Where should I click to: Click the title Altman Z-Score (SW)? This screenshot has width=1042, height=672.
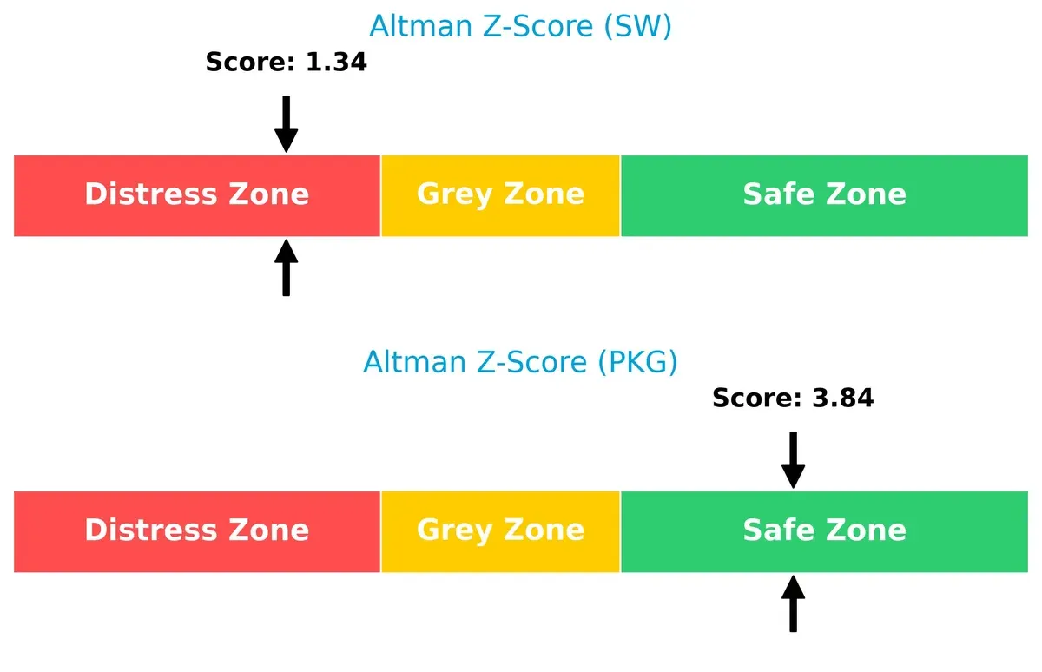point(520,26)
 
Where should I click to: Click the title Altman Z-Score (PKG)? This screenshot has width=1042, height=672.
point(520,361)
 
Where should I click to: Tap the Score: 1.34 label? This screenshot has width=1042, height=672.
point(286,63)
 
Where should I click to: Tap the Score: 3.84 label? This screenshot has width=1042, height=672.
point(793,398)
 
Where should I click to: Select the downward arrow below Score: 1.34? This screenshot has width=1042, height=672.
point(286,123)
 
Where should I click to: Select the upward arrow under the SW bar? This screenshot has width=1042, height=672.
point(286,268)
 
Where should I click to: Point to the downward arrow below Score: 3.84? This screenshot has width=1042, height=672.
point(793,459)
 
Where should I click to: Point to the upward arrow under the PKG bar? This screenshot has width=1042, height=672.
point(793,604)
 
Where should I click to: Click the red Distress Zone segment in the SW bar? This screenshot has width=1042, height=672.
point(197,195)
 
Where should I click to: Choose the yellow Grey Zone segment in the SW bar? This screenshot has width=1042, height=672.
point(500,195)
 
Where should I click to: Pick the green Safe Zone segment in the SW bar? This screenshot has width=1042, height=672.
point(824,195)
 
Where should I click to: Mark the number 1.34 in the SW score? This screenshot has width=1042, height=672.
point(336,63)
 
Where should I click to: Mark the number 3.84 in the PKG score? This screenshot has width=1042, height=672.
point(843,398)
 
